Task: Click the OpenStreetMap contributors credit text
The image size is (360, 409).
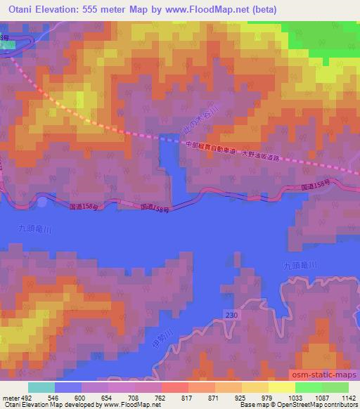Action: click(x=317, y=405)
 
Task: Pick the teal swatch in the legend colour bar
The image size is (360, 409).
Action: click(x=41, y=387)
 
